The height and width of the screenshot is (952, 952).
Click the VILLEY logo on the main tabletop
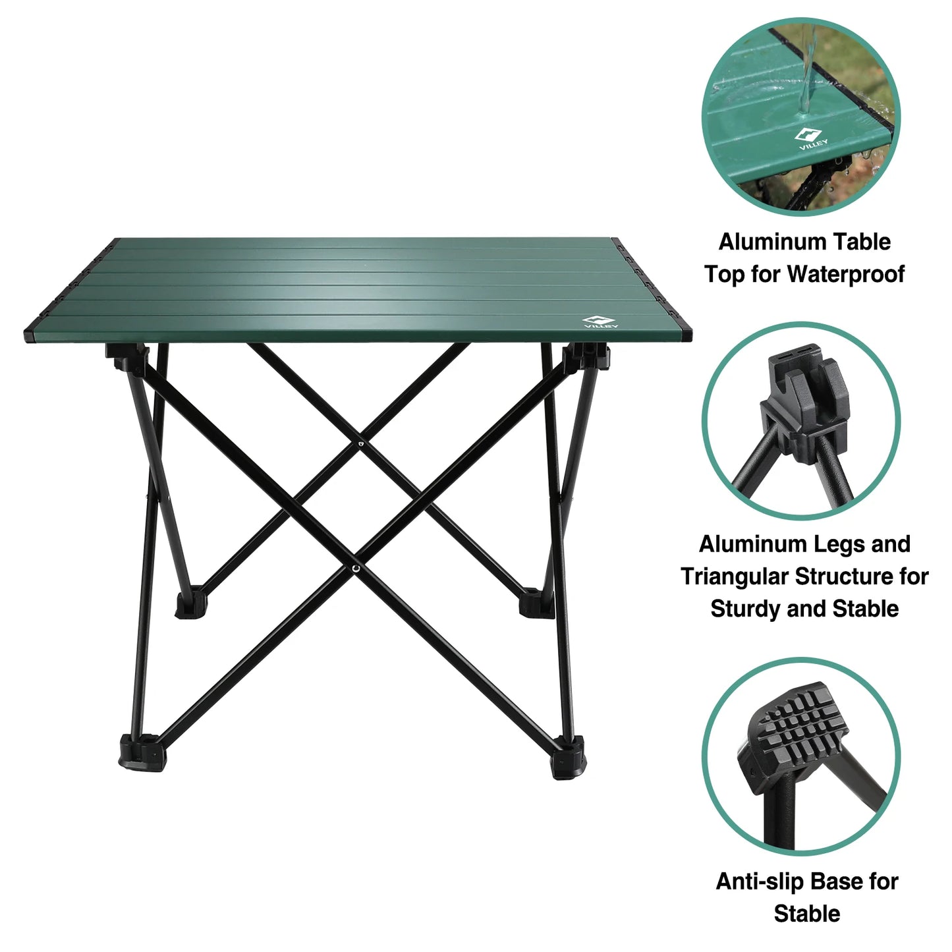(x=600, y=323)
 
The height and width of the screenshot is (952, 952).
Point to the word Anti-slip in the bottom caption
(x=760, y=881)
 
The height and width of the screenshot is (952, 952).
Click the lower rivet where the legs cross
(x=356, y=567)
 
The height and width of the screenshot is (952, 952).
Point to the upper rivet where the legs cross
(x=360, y=445)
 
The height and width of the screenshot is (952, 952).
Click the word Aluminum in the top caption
(x=762, y=242)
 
